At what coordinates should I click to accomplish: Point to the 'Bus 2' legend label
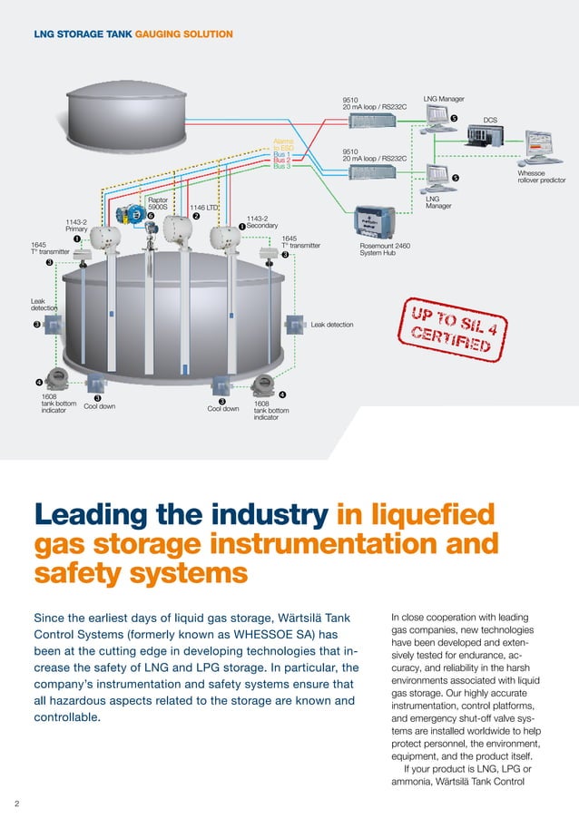tap(281, 160)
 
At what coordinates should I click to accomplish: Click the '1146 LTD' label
tap(204, 208)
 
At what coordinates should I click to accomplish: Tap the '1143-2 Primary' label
tap(76, 225)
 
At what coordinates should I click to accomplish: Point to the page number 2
tap(15, 803)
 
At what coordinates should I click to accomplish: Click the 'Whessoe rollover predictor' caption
tap(541, 177)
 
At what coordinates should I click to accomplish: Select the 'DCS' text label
tap(490, 119)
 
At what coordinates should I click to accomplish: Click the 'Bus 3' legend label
tap(281, 166)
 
